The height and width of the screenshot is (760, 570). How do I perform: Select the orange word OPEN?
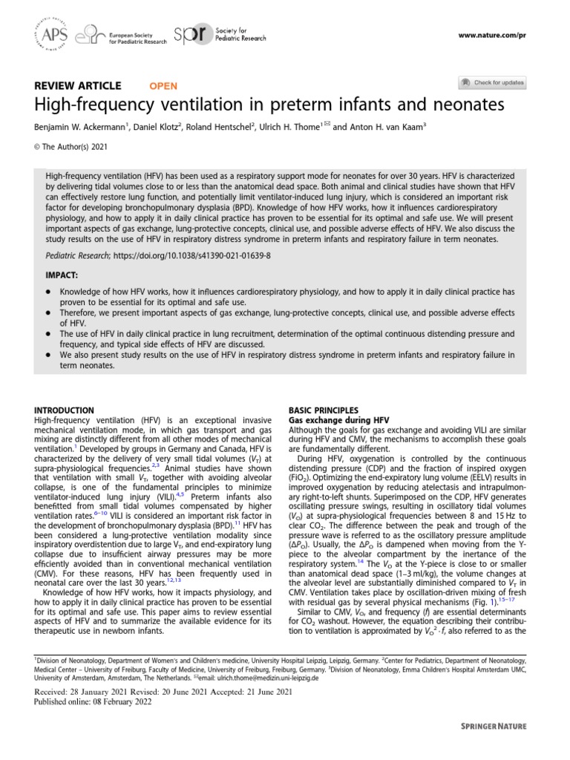163,85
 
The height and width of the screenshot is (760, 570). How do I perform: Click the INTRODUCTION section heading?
65,410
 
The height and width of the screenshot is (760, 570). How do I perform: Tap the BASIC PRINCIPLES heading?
323,410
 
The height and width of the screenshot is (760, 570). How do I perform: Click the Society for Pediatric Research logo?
212,34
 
